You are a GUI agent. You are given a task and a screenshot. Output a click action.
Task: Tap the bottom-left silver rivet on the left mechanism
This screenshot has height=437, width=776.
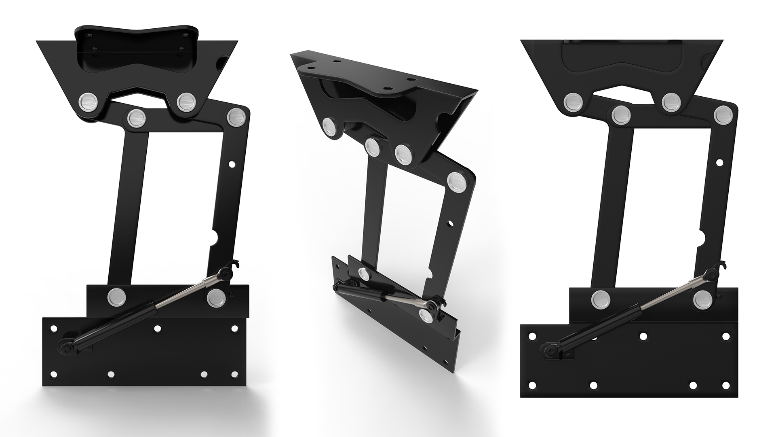(x=116, y=297)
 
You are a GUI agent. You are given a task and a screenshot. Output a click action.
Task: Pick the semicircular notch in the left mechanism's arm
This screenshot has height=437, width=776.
(x=217, y=237)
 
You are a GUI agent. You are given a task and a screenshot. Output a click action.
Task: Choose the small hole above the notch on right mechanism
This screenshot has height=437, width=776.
(x=719, y=162)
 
